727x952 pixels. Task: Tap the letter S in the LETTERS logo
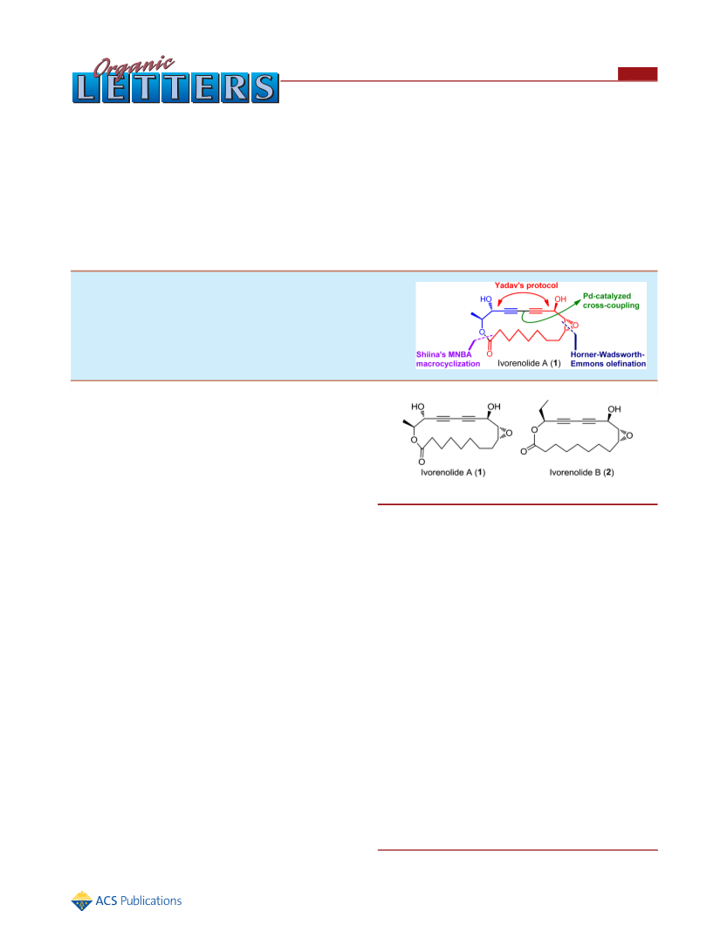[264, 88]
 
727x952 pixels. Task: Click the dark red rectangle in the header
[638, 73]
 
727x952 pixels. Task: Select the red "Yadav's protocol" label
[526, 285]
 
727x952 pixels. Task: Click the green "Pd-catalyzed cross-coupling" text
[611, 300]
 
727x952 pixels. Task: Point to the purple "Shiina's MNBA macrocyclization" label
[449, 359]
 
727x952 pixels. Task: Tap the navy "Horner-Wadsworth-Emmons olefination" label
[608, 359]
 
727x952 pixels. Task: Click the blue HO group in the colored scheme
[486, 299]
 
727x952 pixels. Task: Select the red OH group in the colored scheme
[560, 299]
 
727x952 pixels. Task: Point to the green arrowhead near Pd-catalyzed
[577, 302]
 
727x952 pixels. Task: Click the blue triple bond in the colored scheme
[511, 311]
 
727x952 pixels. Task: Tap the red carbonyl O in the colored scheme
[490, 354]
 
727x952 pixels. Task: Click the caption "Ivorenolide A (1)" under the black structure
[453, 472]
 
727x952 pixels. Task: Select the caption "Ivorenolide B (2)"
[582, 472]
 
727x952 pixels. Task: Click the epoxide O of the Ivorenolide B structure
[629, 435]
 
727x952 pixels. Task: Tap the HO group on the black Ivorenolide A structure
[418, 407]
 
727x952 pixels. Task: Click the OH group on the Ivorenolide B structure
[614, 409]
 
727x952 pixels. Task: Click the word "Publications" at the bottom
[151, 901]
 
